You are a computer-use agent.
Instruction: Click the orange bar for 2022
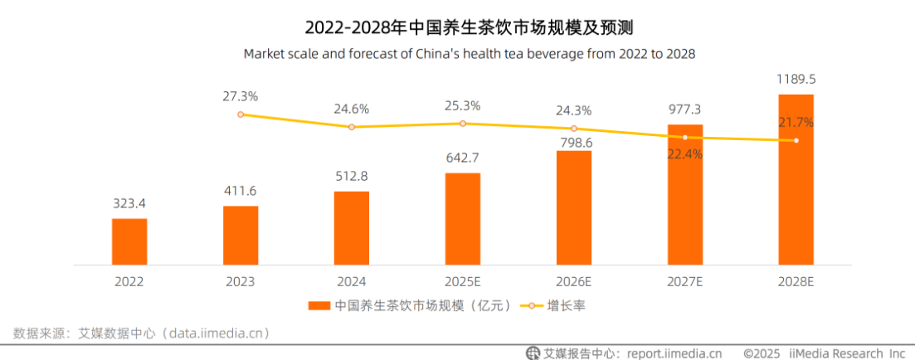click(x=129, y=241)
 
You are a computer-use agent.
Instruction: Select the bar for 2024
click(x=351, y=228)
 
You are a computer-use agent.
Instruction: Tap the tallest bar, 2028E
click(x=796, y=180)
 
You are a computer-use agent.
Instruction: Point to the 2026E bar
click(x=573, y=207)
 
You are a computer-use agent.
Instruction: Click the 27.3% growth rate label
click(x=241, y=95)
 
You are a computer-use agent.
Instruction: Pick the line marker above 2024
click(x=351, y=127)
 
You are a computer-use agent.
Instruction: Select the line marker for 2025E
click(x=463, y=123)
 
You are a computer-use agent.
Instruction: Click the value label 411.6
click(x=241, y=191)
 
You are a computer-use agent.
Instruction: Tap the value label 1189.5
click(x=796, y=80)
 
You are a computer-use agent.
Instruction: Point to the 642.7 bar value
click(x=463, y=158)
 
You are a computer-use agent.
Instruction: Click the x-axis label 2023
click(x=241, y=282)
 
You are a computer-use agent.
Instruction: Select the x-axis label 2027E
click(x=685, y=282)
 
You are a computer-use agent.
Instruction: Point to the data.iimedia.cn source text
click(x=216, y=333)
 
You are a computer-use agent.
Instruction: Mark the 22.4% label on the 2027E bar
click(x=685, y=154)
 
